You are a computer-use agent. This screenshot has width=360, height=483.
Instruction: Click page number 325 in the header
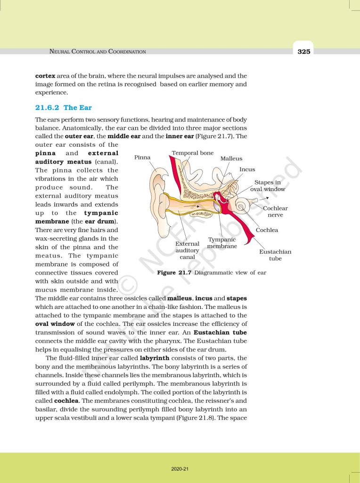point(304,51)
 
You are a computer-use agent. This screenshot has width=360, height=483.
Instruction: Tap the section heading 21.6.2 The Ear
point(64,108)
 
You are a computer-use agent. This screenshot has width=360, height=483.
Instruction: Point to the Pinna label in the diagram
point(142,157)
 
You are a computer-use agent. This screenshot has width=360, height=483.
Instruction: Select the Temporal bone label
point(192,153)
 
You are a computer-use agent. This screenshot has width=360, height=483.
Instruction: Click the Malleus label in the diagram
point(231,158)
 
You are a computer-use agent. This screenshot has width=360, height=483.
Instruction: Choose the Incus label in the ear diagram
point(247,169)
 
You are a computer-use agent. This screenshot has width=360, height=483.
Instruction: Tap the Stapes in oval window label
point(267,185)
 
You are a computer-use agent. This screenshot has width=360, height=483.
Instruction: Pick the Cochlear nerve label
point(275,211)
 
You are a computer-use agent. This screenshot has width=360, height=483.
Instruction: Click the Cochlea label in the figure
point(267,230)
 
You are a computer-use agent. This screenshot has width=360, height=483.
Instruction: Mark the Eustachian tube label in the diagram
point(275,255)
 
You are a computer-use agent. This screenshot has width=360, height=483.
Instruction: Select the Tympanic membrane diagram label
point(222,243)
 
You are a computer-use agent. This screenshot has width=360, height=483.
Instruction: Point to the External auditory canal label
point(187,250)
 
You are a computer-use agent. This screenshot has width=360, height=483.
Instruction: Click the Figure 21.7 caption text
point(211,273)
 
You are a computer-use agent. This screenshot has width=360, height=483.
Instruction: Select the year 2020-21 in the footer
point(180,469)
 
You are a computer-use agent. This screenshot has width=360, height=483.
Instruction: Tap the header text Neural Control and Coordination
point(98,51)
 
